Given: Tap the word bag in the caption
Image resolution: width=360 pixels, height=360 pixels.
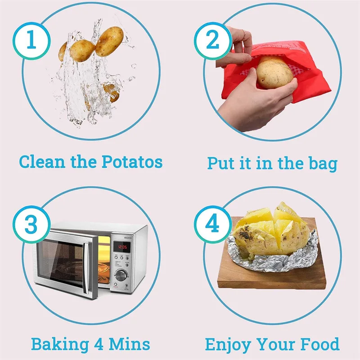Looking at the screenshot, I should (321, 163).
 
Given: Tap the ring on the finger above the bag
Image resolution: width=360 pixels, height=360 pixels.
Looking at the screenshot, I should (243, 33).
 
